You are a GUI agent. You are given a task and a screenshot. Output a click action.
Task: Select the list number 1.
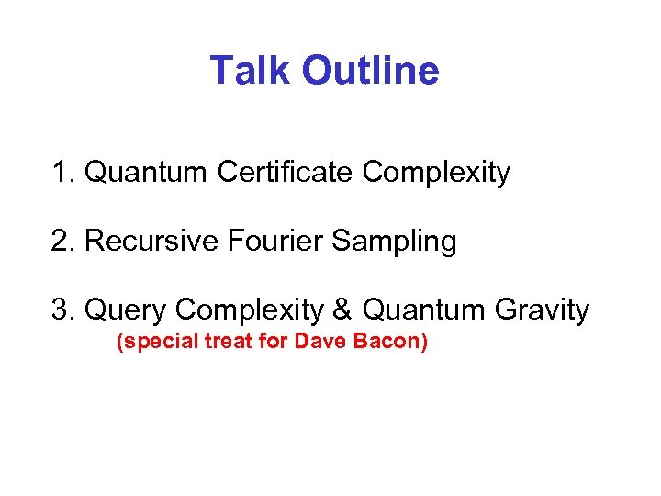pyautogui.click(x=62, y=172)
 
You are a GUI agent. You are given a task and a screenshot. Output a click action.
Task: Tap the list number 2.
pyautogui.click(x=62, y=241)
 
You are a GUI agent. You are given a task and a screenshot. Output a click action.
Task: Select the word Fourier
pyautogui.click(x=265, y=241)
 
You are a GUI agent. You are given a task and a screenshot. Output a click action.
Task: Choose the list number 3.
pyautogui.click(x=62, y=310)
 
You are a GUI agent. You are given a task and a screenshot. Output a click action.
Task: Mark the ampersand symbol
pyautogui.click(x=342, y=310)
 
